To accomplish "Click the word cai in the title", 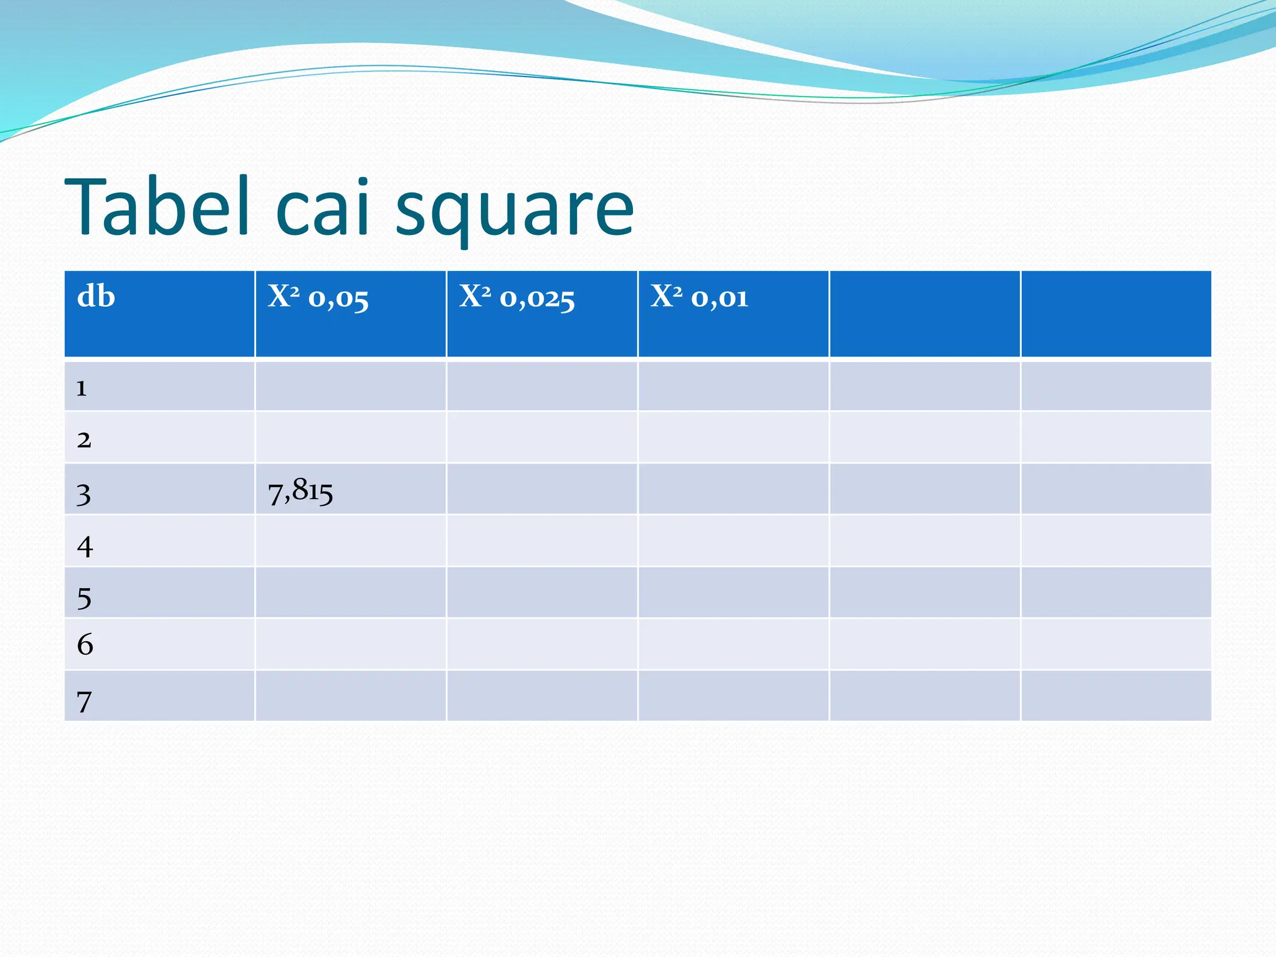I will pos(323,207).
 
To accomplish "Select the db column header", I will pos(96,297).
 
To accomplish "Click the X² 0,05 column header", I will pos(318,297).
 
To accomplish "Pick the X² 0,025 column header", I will pos(517,297).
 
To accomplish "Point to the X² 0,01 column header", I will pos(699,297).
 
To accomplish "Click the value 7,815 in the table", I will pos(300,491).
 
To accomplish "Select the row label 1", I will pos(82,388).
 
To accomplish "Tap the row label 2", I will pos(84,440).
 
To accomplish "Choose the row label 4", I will pos(85,546).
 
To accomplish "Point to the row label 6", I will pos(85,644).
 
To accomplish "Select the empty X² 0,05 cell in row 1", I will pos(350,386).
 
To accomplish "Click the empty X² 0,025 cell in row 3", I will pos(541,489).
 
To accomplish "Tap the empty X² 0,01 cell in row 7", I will pos(733,696).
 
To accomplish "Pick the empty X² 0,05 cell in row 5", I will pos(350,593).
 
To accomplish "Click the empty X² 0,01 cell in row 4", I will pos(733,541).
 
